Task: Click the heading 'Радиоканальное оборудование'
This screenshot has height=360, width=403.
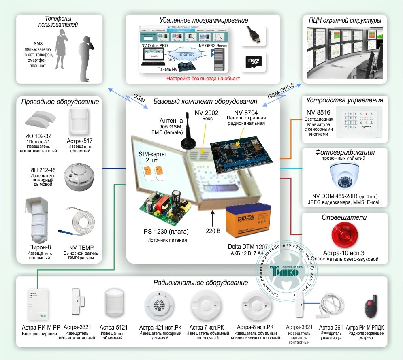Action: [x=201, y=283]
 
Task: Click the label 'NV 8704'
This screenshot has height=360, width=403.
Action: [x=246, y=112]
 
